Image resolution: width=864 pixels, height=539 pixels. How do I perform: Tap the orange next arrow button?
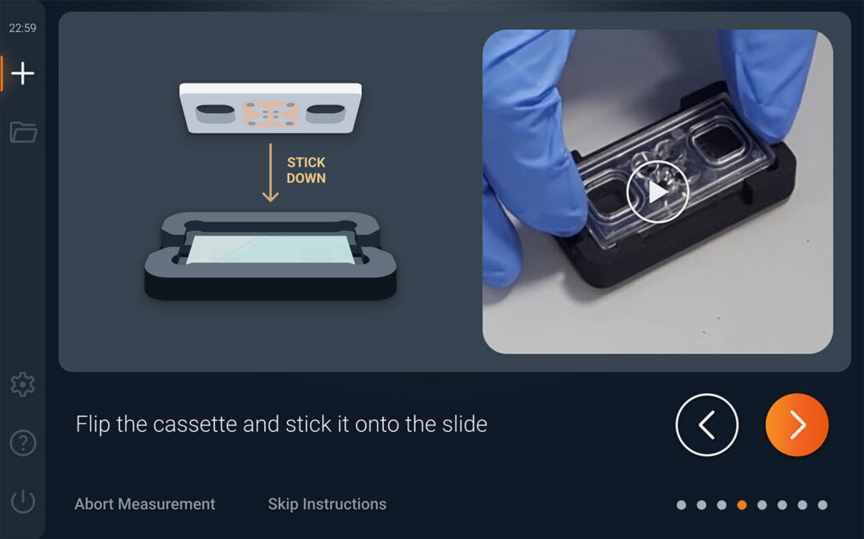pyautogui.click(x=796, y=425)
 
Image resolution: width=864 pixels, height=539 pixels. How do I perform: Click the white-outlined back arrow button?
pyautogui.click(x=707, y=425)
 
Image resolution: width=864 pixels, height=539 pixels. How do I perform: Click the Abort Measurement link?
pyautogui.click(x=145, y=504)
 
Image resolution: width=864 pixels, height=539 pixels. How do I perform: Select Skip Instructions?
pyautogui.click(x=327, y=504)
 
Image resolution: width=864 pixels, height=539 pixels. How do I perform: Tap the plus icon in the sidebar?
pyautogui.click(x=23, y=73)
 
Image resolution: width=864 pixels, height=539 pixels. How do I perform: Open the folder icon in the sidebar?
pyautogui.click(x=23, y=132)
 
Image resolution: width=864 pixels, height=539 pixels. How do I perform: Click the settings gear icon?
pyautogui.click(x=23, y=384)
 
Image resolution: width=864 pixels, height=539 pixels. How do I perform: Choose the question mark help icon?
pyautogui.click(x=23, y=443)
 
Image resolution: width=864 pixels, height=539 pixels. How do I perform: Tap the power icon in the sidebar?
pyautogui.click(x=23, y=501)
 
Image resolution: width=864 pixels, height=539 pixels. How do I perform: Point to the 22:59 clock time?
pyautogui.click(x=23, y=28)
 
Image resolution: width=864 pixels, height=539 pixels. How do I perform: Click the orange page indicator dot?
pyautogui.click(x=742, y=504)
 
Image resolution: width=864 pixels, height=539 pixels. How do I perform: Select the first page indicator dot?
pyautogui.click(x=681, y=504)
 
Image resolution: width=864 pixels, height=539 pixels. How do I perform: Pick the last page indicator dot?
pyautogui.click(x=822, y=504)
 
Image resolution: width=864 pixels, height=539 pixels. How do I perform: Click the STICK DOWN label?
pyautogui.click(x=306, y=170)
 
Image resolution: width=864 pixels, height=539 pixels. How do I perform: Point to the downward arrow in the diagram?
pyautogui.click(x=270, y=173)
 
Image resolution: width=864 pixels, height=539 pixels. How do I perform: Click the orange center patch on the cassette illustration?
pyautogui.click(x=271, y=114)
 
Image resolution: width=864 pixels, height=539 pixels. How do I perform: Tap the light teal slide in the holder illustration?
pyautogui.click(x=271, y=250)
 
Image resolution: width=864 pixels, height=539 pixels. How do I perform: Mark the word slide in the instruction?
pyautogui.click(x=466, y=424)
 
